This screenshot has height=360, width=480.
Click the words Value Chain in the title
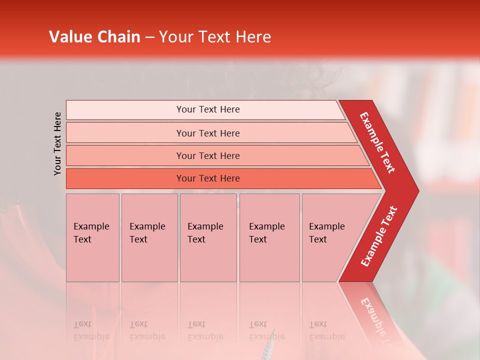[x=94, y=37]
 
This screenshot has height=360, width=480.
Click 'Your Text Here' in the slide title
[x=215, y=37]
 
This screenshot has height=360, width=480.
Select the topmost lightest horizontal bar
[x=125, y=110]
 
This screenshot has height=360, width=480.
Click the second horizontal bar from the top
[x=125, y=133]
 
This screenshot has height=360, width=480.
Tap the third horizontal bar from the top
[x=125, y=155]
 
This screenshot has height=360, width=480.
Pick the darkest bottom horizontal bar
[x=125, y=178]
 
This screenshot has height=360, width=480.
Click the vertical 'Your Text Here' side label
[x=57, y=143]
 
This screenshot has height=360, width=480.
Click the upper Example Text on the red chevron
[x=377, y=142]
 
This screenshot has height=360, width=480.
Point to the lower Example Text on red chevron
[x=379, y=236]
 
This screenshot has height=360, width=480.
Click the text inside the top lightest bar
[x=208, y=109]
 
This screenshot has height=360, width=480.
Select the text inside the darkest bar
[x=208, y=178]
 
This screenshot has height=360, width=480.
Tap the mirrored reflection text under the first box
[x=91, y=330]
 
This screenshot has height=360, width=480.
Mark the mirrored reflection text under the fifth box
[x=326, y=330]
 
